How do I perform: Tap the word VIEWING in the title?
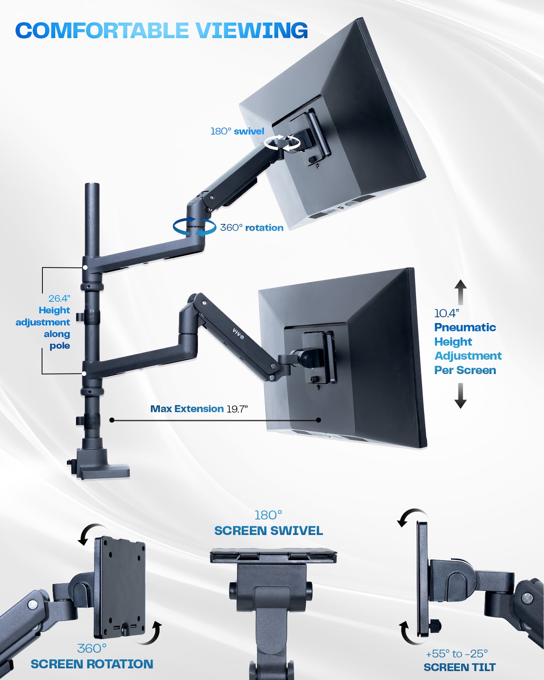[x=251, y=31]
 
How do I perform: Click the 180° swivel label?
[x=237, y=131]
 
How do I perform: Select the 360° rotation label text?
[x=252, y=228]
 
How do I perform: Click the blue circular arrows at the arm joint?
[x=194, y=227]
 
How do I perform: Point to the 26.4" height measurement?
[x=59, y=299]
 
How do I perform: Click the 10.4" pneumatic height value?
[x=447, y=313]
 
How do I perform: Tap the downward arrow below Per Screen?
[x=461, y=396]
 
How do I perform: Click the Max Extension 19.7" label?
[x=199, y=409]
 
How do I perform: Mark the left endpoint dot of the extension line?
[x=112, y=420]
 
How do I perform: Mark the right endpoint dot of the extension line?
[x=319, y=420]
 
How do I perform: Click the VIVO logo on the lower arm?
[x=238, y=334]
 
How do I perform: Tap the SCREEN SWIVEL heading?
[x=268, y=531]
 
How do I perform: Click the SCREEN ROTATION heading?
[x=92, y=664]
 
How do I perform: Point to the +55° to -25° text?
[x=457, y=654]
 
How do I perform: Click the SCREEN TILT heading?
[x=460, y=668]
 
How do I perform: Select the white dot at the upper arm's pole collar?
[x=85, y=267]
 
